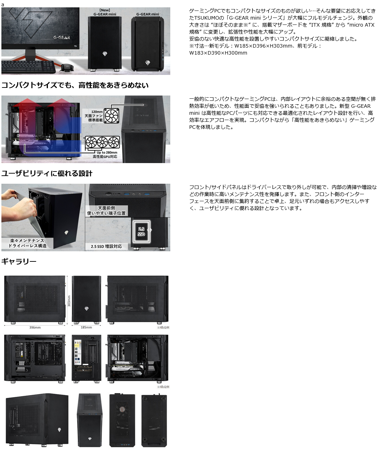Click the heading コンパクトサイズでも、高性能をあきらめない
coord(75,85)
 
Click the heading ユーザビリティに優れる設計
coord(47,174)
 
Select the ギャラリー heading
coord(19,261)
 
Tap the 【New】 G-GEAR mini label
coord(105,12)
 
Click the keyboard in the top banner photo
coord(28,66)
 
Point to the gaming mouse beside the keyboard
coord(68,67)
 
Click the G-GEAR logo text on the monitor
coord(62,37)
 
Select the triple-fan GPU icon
coord(102,142)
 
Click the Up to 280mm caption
coord(107,153)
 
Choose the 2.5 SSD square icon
coord(141,231)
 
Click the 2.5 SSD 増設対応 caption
coord(106,246)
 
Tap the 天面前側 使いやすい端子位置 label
coord(106,210)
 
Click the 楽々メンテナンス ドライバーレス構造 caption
coord(28,243)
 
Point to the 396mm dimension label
coord(35,328)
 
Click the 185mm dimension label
coord(86,328)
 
